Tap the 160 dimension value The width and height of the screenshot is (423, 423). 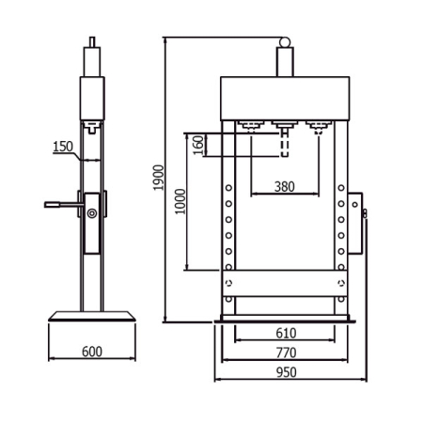coord(197,146)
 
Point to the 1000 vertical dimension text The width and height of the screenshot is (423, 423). coord(180,201)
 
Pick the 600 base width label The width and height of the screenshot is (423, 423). coord(92,352)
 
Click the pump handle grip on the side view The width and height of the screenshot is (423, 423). coord(56,205)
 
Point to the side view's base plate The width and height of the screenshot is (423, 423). coord(91,317)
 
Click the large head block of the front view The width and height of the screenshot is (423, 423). coord(285,97)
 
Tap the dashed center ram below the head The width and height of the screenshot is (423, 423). coord(285,145)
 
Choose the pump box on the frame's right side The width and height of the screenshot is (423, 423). coord(354,226)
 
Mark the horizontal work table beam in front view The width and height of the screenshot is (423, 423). coord(285,282)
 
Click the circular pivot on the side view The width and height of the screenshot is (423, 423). coord(92,214)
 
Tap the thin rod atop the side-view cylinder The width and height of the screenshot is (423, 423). coord(91,43)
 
